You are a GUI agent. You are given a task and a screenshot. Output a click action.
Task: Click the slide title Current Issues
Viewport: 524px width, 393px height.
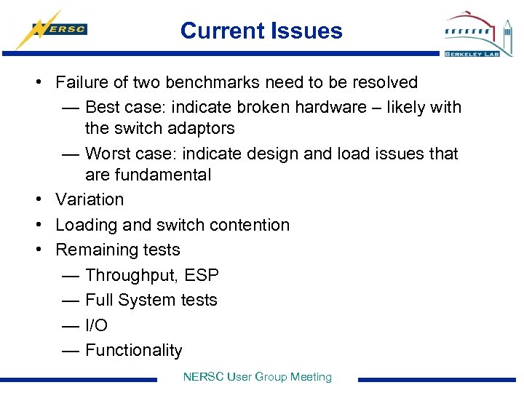[261, 31]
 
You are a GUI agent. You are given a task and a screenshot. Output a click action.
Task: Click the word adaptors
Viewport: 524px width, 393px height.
[202, 128]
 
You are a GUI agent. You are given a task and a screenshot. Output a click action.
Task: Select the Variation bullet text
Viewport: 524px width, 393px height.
[90, 199]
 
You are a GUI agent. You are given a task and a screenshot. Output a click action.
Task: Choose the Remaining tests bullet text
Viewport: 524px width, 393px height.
[118, 250]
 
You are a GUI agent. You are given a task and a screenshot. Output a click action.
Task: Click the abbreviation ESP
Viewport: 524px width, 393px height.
[202, 275]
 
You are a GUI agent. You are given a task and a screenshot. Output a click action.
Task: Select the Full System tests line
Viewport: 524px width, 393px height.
[151, 300]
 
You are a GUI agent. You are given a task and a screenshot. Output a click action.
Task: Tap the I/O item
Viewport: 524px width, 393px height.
[96, 325]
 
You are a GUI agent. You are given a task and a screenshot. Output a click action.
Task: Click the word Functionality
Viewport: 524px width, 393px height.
[133, 350]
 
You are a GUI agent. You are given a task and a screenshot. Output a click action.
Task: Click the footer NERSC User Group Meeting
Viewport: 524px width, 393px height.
[257, 377]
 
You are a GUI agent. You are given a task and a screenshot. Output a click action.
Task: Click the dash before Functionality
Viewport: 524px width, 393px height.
[71, 350]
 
